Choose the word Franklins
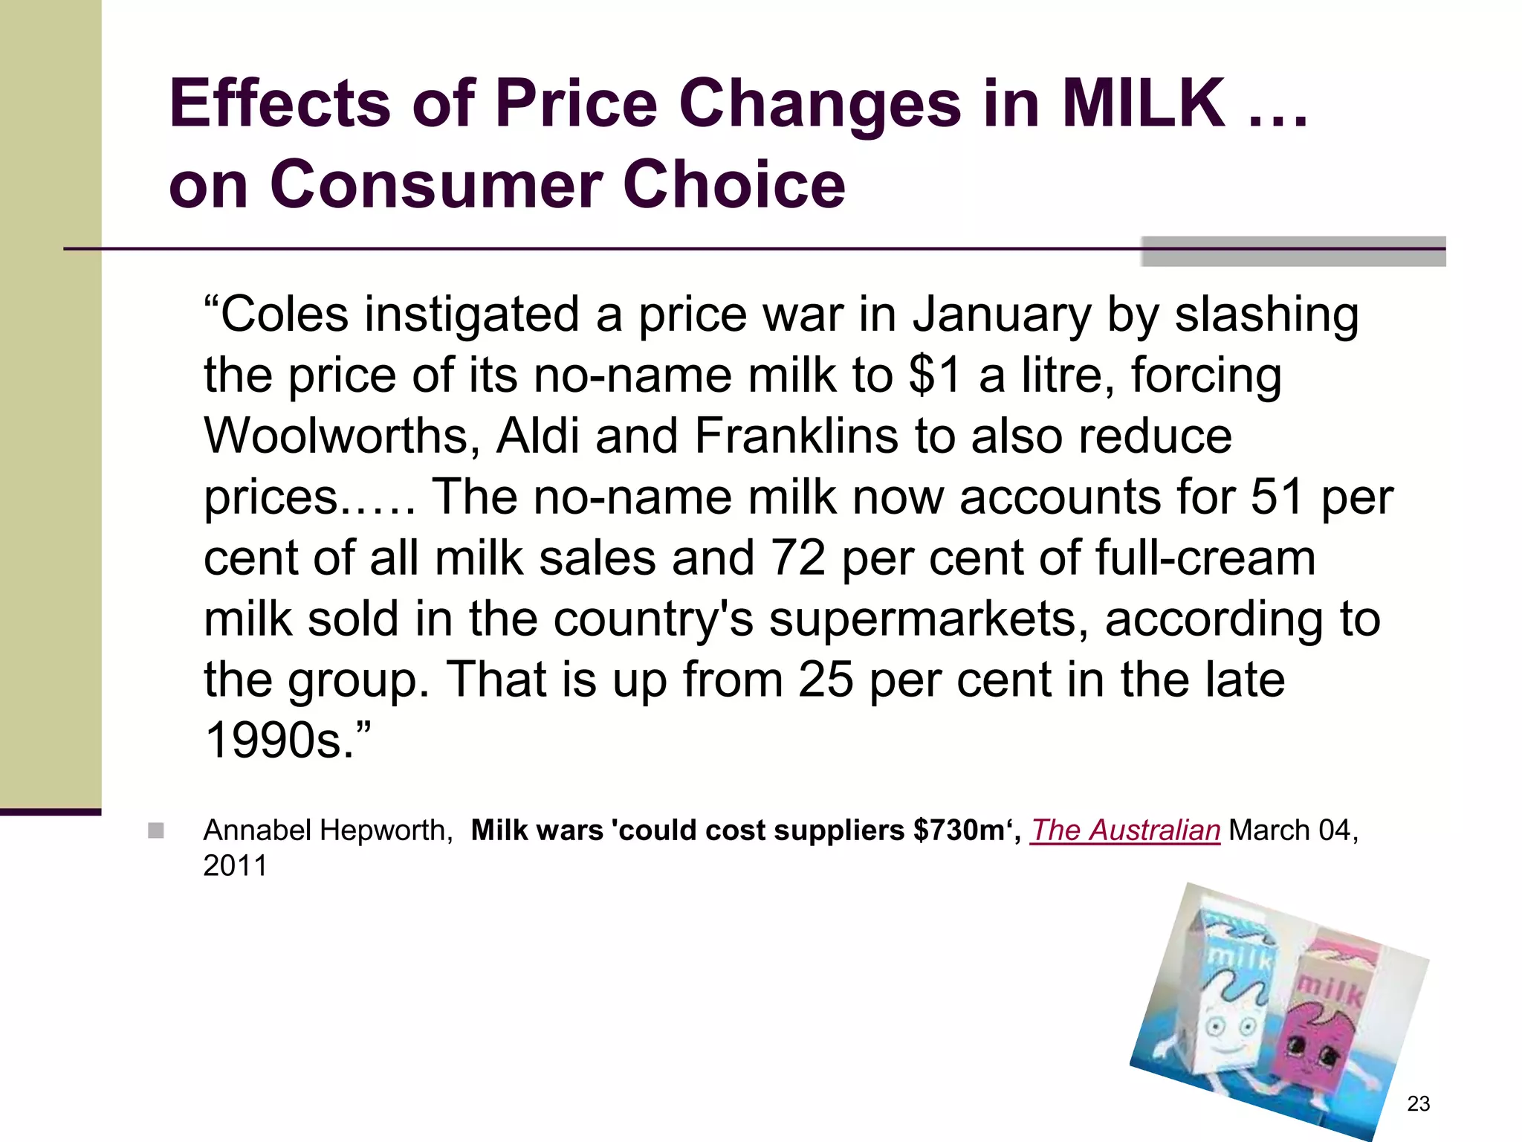pyautogui.click(x=796, y=436)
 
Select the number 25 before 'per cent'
pyautogui.click(x=825, y=680)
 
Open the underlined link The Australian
pyautogui.click(x=1124, y=830)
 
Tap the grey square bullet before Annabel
pyautogui.click(x=155, y=830)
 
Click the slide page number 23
pyautogui.click(x=1418, y=1103)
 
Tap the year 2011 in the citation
pyautogui.click(x=235, y=866)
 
